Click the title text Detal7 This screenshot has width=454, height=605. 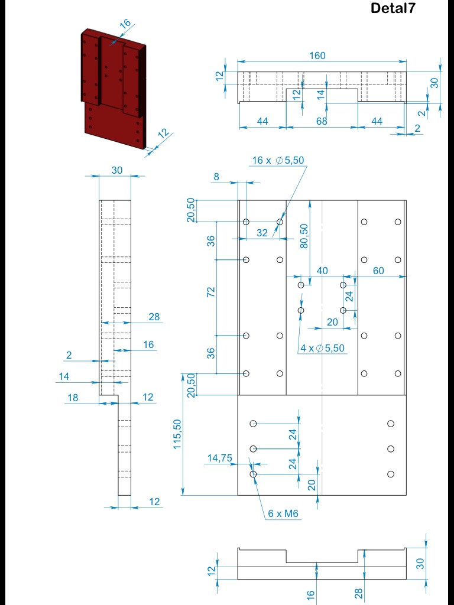pyautogui.click(x=393, y=8)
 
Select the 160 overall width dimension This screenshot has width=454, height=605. pyautogui.click(x=317, y=56)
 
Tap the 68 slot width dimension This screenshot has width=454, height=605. pyautogui.click(x=322, y=121)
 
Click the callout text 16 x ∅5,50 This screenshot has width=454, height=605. pyautogui.click(x=278, y=161)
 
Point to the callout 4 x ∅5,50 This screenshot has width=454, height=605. pyautogui.click(x=322, y=348)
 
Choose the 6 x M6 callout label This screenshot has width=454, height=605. pyautogui.click(x=283, y=513)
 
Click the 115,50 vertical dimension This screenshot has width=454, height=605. pyautogui.click(x=177, y=434)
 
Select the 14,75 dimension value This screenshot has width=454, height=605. pyautogui.click(x=220, y=458)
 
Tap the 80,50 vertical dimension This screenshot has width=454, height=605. pyautogui.click(x=304, y=236)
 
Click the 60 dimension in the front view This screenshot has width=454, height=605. pyautogui.click(x=378, y=271)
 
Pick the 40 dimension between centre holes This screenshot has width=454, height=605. pyautogui.click(x=322, y=271)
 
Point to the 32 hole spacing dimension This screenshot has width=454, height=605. pyautogui.click(x=262, y=233)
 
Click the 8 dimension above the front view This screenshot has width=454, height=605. pyautogui.click(x=216, y=177)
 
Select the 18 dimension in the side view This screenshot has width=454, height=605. pyautogui.click(x=73, y=398)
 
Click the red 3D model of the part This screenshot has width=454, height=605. pyautogui.click(x=114, y=89)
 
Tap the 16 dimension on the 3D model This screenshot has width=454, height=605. pyautogui.click(x=125, y=24)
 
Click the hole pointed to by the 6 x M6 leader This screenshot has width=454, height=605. pyautogui.click(x=253, y=474)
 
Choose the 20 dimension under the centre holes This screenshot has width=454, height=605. pyautogui.click(x=332, y=322)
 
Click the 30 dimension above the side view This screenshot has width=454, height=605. pyautogui.click(x=117, y=170)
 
